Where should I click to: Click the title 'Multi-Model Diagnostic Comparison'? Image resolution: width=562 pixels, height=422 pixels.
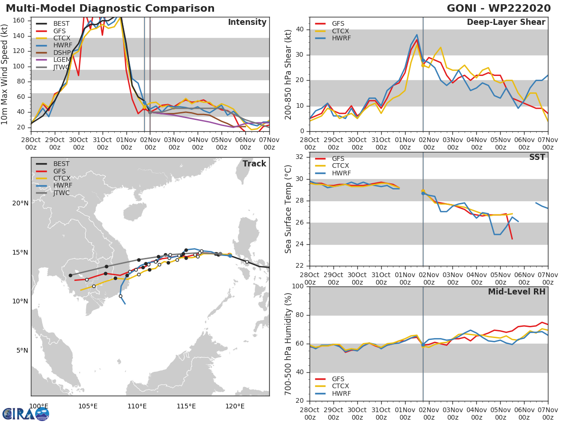pyautogui.click(x=110, y=8)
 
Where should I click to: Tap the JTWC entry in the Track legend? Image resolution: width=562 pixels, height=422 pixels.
pyautogui.click(x=61, y=193)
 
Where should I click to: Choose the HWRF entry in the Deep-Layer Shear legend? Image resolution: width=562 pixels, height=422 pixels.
pyautogui.click(x=341, y=38)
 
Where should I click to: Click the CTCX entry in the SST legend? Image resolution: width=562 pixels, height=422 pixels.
pyautogui.click(x=341, y=166)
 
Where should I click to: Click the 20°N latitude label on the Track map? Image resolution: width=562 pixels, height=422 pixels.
pyautogui.click(x=20, y=203)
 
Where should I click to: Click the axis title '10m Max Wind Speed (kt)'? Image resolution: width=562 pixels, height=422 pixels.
pyautogui.click(x=5, y=75)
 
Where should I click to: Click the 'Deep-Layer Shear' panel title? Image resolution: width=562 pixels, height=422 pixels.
pyautogui.click(x=506, y=23)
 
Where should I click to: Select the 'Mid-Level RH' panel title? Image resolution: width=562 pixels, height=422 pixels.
pyautogui.click(x=517, y=292)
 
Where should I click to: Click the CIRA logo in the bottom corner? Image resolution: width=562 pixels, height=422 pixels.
pyautogui.click(x=26, y=414)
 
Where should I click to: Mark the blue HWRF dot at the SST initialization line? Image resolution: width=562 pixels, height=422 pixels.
pyautogui.click(x=423, y=193)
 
